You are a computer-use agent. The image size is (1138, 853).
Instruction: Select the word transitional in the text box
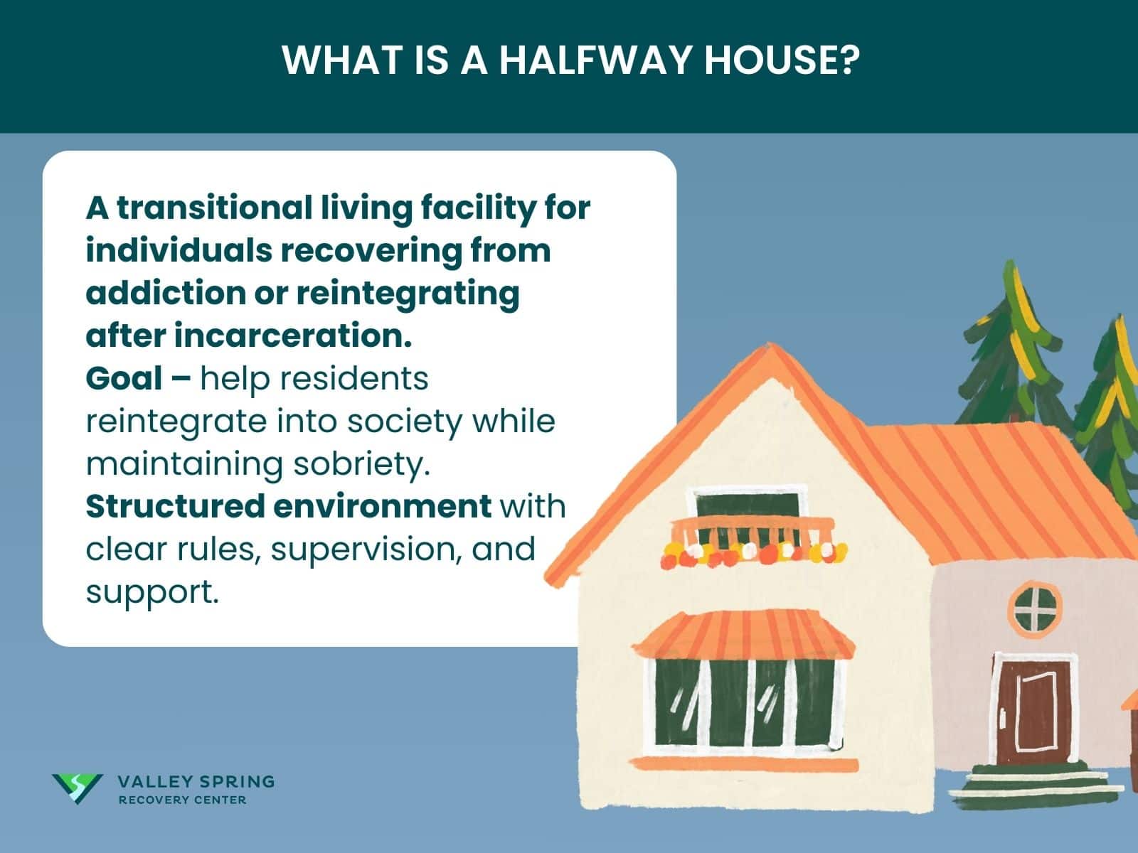(x=214, y=208)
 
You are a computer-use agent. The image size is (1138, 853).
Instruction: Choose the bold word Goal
(x=124, y=379)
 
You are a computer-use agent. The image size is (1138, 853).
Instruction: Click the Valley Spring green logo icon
(x=77, y=788)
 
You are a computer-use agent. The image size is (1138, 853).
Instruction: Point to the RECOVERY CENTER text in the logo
(x=182, y=800)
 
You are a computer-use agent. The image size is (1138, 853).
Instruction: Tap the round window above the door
(x=1034, y=608)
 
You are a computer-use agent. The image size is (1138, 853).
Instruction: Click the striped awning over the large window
(x=743, y=634)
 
